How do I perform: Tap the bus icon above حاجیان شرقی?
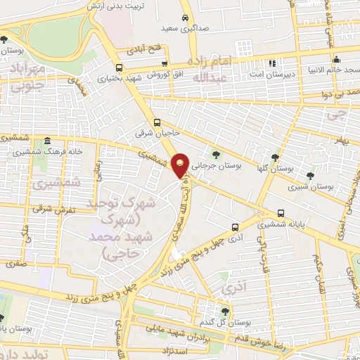[x=157, y=121]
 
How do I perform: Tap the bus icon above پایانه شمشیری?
[x=281, y=212]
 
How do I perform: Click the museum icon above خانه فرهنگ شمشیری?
[x=46, y=140]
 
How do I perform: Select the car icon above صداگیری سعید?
[x=184, y=17]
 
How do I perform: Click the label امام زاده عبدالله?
[x=211, y=69]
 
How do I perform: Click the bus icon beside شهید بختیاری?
[x=119, y=68]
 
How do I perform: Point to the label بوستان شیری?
[x=314, y=186]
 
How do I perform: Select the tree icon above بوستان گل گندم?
[x=224, y=310]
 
